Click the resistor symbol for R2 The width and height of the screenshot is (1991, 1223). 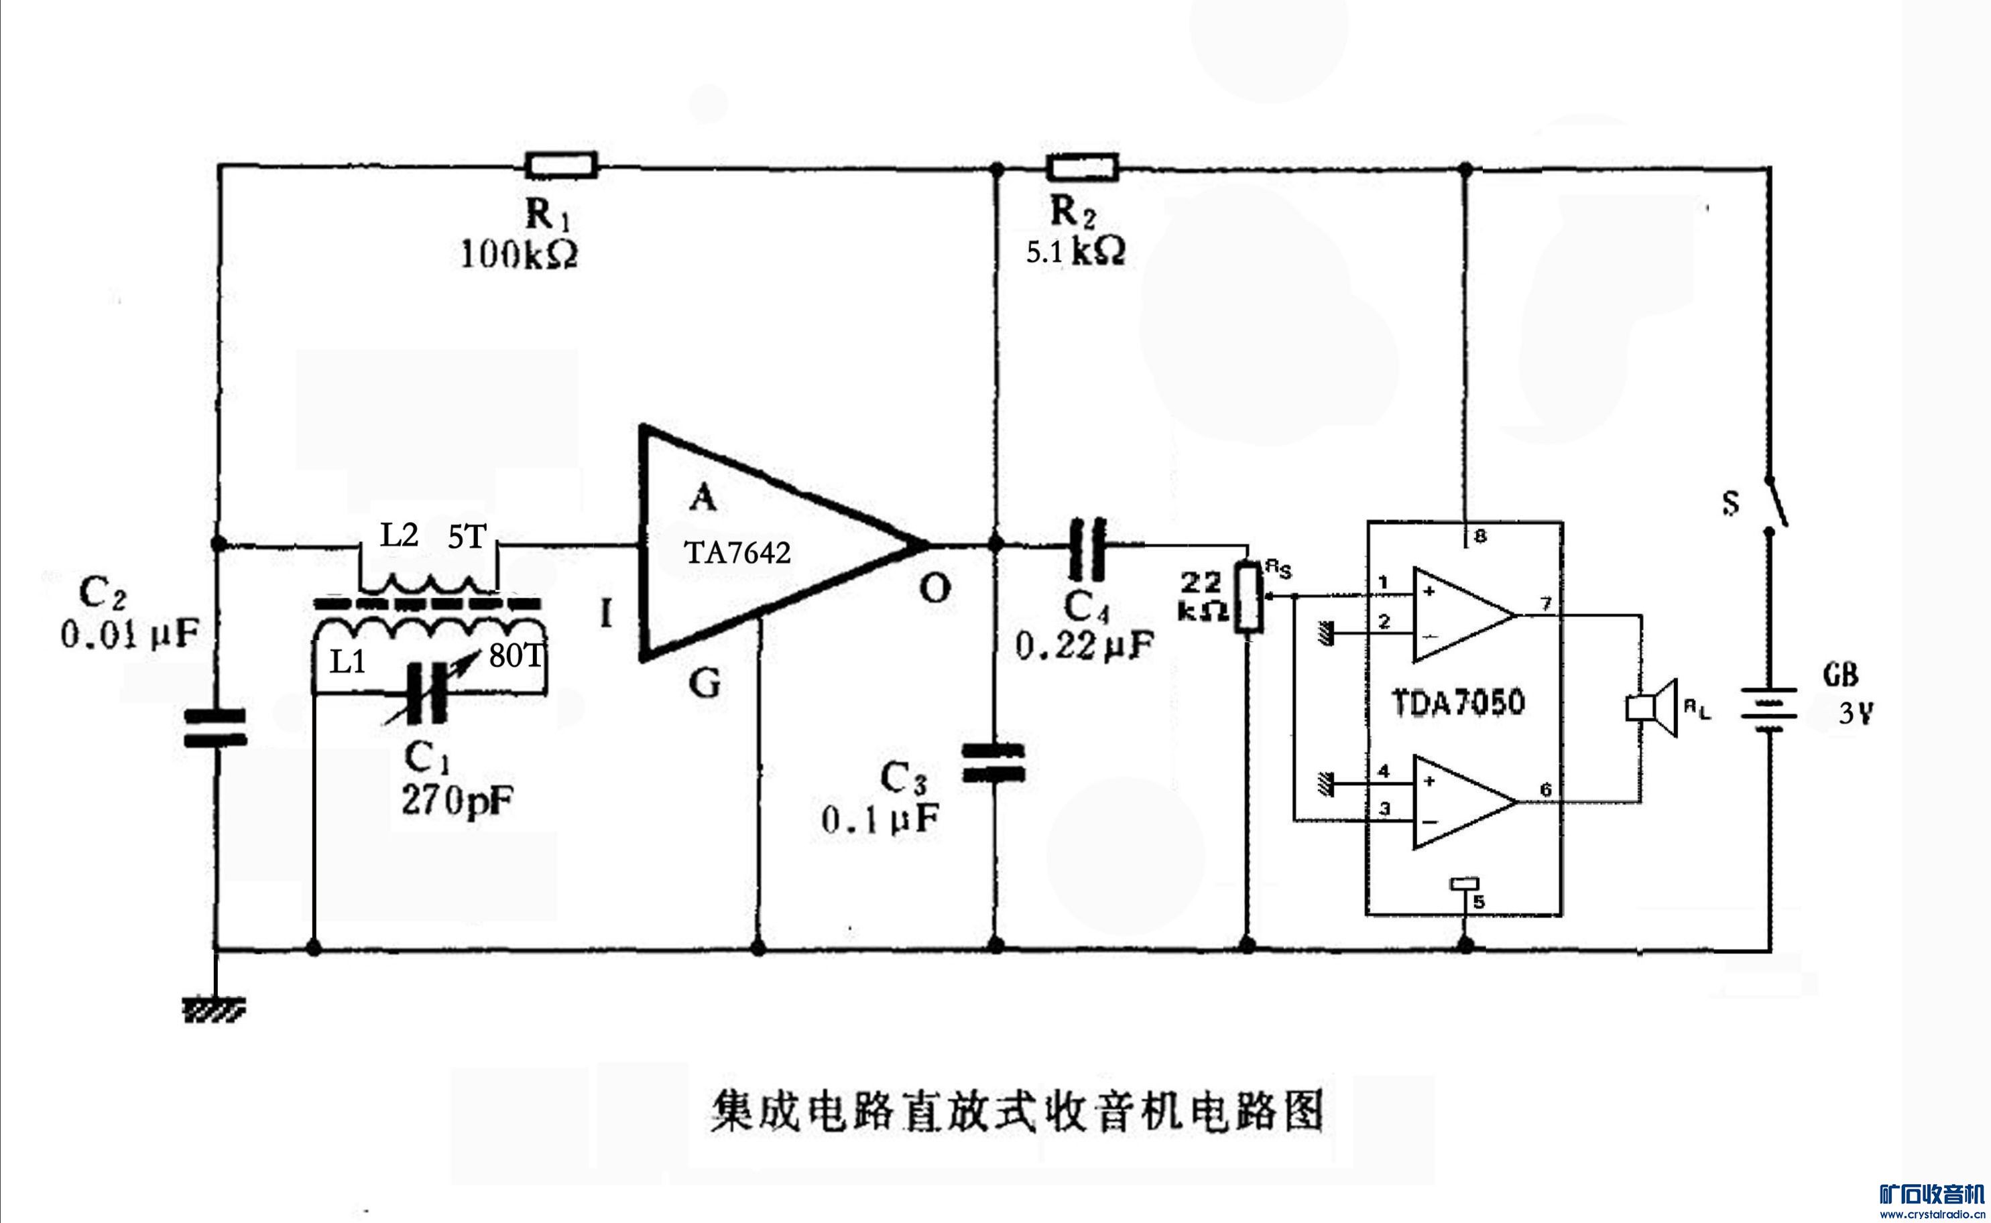pos(1083,168)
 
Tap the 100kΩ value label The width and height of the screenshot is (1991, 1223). pos(519,255)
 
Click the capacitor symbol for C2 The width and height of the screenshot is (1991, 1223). pos(215,727)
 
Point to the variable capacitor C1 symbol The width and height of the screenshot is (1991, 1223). pos(427,692)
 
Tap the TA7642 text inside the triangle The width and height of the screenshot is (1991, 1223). pos(737,554)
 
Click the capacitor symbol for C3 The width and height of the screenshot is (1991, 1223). pos(994,763)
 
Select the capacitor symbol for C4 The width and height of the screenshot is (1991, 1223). pos(1087,550)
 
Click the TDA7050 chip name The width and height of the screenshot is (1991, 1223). pos(1458,702)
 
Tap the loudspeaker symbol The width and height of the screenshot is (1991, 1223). pos(1652,708)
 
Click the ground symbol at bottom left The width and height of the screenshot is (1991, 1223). pos(215,1011)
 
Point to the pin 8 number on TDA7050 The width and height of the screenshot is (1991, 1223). pos(1480,536)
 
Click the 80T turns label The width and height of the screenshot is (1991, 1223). pos(516,656)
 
